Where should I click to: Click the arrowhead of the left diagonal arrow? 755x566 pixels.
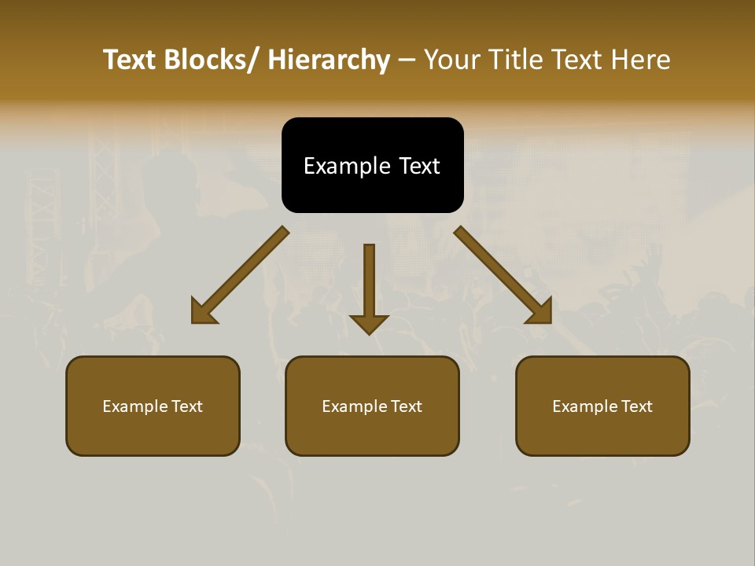tap(202, 313)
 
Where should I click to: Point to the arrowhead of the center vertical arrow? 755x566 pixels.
tap(369, 324)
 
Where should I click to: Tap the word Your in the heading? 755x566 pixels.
tap(452, 60)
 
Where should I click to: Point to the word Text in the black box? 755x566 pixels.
tap(418, 166)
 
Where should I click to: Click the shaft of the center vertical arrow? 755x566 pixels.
tap(369, 275)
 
